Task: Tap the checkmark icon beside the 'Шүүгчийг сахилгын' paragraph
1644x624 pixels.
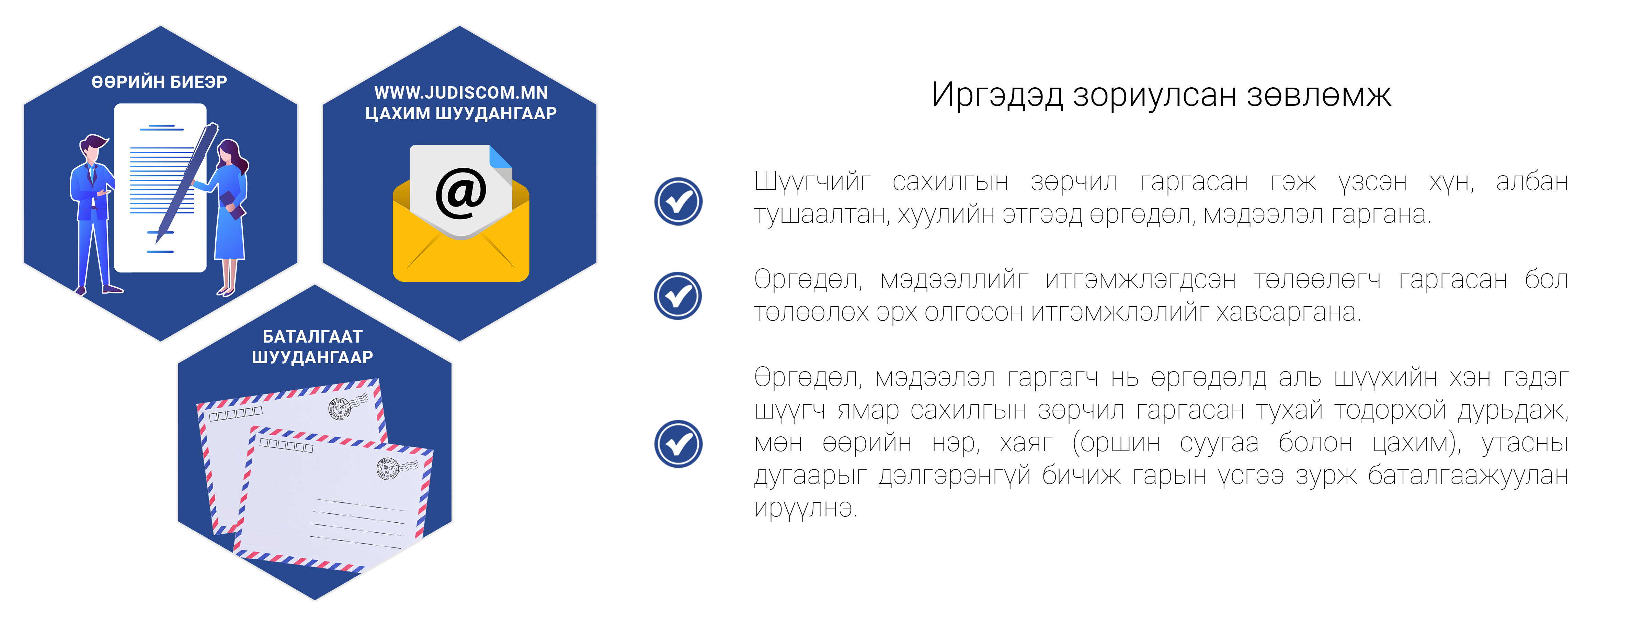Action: pyautogui.click(x=678, y=201)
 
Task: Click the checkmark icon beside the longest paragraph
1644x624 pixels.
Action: pyautogui.click(x=678, y=444)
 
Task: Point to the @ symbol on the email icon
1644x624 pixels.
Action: pyautogui.click(x=461, y=193)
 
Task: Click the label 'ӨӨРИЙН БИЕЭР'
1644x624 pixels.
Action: pyautogui.click(x=160, y=82)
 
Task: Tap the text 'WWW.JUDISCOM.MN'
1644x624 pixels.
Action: pyautogui.click(x=461, y=93)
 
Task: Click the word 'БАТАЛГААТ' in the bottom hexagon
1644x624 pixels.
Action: pyautogui.click(x=313, y=337)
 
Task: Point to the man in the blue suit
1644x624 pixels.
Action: pyautogui.click(x=93, y=214)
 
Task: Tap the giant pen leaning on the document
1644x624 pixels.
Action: pyautogui.click(x=186, y=182)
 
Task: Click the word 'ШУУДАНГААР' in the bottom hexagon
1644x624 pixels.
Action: pyautogui.click(x=313, y=357)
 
